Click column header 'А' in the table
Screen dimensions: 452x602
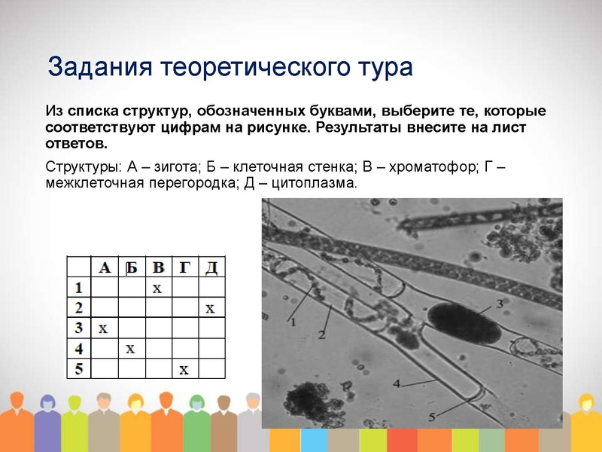105,267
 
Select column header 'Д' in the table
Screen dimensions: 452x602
211,267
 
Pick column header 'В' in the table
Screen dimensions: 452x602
158,267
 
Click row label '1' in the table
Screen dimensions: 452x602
78,287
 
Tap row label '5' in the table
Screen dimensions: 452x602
78,368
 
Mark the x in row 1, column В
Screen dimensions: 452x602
157,288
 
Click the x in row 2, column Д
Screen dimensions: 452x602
210,308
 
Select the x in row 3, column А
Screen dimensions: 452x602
103,328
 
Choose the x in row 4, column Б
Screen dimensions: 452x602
130,348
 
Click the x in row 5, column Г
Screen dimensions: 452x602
183,368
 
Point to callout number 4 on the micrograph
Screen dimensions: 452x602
397,383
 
